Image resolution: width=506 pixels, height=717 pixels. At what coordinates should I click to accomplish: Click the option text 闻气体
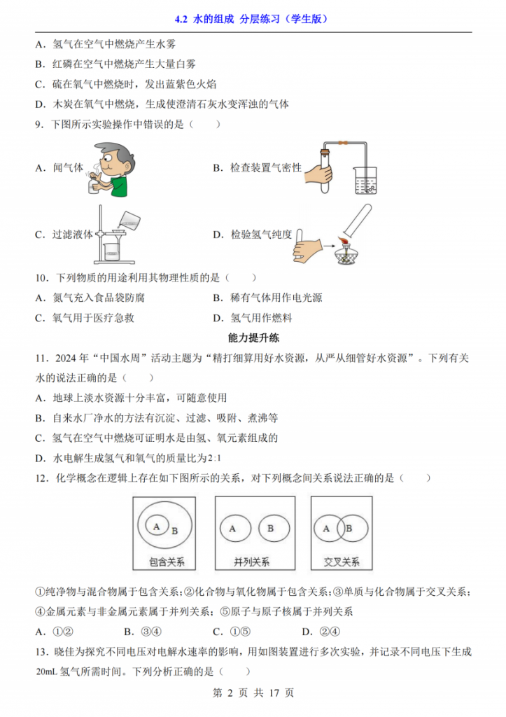[x=68, y=168]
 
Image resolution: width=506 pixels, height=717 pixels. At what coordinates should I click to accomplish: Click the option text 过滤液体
[x=73, y=235]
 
